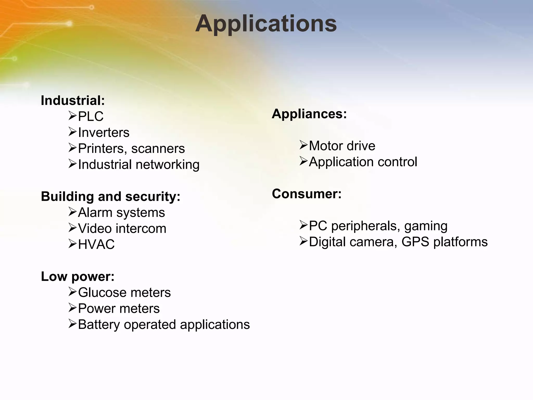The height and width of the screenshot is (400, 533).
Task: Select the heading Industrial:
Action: pyautogui.click(x=73, y=101)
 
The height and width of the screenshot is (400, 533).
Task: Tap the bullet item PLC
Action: pyautogui.click(x=91, y=116)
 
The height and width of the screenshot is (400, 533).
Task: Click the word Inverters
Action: pyautogui.click(x=104, y=133)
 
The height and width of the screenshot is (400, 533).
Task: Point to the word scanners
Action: pyautogui.click(x=158, y=149)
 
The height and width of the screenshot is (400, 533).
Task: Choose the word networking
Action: pyautogui.click(x=168, y=165)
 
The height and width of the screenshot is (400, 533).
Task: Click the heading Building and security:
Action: pyautogui.click(x=111, y=196)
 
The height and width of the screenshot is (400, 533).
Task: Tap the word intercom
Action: pyautogui.click(x=141, y=229)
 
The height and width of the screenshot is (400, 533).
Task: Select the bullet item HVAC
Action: pyautogui.click(x=96, y=245)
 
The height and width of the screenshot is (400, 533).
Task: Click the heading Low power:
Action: pyautogui.click(x=78, y=276)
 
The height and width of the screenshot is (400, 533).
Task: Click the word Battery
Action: pyautogui.click(x=99, y=325)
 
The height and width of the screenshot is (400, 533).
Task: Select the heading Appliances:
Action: pyautogui.click(x=309, y=114)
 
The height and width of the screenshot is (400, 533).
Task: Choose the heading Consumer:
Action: pyautogui.click(x=307, y=194)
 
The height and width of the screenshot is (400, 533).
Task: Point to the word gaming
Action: pyautogui.click(x=426, y=226)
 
